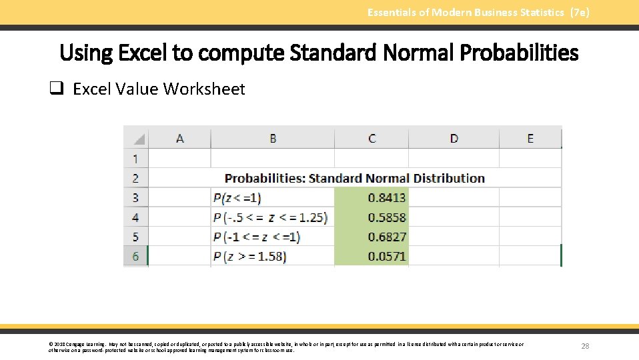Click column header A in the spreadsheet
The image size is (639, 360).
tap(179, 139)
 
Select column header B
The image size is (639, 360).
tap(273, 139)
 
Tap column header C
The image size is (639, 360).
tap(372, 139)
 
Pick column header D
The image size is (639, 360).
tap(454, 139)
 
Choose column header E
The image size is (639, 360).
tap(530, 139)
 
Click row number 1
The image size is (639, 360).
tap(135, 159)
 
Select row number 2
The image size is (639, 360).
tap(135, 178)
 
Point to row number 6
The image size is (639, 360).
tap(135, 256)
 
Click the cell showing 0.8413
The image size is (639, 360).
tap(386, 198)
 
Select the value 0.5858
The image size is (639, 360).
tap(386, 217)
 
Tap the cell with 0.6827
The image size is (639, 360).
tap(386, 237)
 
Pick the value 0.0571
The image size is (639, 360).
tap(386, 256)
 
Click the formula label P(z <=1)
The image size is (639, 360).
tap(237, 198)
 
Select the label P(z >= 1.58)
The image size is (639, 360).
tap(249, 256)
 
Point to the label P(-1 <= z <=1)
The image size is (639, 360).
tap(257, 237)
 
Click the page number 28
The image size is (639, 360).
tap(585, 346)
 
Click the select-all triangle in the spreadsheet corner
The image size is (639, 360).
tap(139, 139)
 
